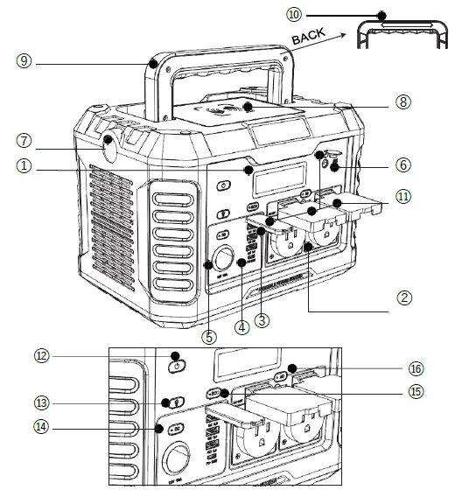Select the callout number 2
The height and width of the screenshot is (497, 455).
click(x=403, y=297)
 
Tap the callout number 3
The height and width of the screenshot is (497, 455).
click(x=262, y=320)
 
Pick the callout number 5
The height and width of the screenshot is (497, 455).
click(x=208, y=334)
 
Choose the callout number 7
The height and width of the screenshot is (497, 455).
click(x=24, y=140)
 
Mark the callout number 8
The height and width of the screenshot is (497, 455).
click(x=403, y=102)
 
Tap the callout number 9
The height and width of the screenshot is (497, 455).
click(x=24, y=61)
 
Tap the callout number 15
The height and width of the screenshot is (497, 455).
click(x=416, y=391)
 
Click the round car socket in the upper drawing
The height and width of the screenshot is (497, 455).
click(x=223, y=260)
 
